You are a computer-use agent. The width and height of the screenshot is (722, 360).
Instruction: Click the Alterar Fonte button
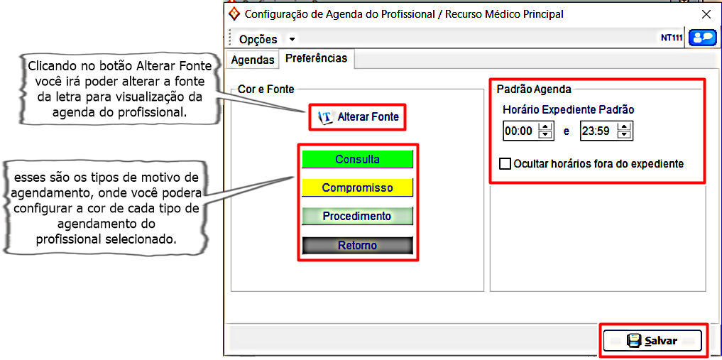pyautogui.click(x=358, y=116)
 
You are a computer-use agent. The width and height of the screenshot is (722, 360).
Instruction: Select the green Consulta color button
pyautogui.click(x=357, y=159)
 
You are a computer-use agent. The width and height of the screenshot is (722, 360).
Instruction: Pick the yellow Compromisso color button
pyautogui.click(x=357, y=187)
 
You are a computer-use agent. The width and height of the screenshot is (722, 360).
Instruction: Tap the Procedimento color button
pyautogui.click(x=357, y=216)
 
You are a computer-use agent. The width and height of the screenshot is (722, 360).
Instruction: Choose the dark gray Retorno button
pyautogui.click(x=357, y=245)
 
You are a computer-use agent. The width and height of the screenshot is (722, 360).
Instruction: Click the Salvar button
pyautogui.click(x=652, y=341)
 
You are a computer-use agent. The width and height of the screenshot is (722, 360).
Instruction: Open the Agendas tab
pyautogui.click(x=253, y=60)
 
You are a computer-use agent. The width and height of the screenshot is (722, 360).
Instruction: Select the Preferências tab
pyautogui.click(x=317, y=59)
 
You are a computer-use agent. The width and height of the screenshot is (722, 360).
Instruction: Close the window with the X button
pyautogui.click(x=706, y=14)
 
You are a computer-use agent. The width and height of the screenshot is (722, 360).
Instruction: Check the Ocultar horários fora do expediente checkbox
pyautogui.click(x=505, y=164)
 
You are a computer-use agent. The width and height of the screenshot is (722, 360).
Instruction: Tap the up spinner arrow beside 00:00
pyautogui.click(x=545, y=126)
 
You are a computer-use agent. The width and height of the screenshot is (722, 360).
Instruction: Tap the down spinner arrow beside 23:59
pyautogui.click(x=624, y=135)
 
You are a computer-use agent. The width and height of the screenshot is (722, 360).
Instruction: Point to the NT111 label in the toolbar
pyautogui.click(x=672, y=38)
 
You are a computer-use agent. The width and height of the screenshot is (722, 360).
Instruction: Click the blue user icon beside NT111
pyautogui.click(x=702, y=38)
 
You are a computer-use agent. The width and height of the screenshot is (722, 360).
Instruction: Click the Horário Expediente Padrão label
pyautogui.click(x=568, y=110)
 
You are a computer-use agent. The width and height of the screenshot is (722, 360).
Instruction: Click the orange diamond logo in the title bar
pyautogui.click(x=234, y=13)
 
